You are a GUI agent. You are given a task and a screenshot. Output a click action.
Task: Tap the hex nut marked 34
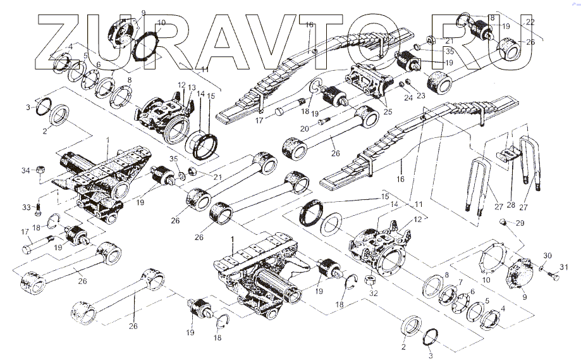click(39, 170)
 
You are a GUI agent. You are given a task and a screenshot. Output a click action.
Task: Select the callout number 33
click(25, 207)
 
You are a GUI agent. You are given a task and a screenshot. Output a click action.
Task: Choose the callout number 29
click(520, 224)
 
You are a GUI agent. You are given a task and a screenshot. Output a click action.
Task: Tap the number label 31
click(566, 265)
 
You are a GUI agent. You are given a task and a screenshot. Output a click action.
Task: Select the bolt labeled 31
click(553, 275)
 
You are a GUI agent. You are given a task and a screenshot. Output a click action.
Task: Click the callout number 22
click(530, 22)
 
